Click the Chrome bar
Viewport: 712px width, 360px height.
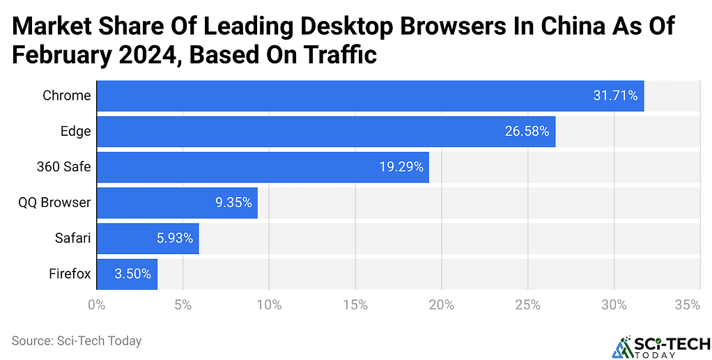[x=369, y=96]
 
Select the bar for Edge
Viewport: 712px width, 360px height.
[x=325, y=132]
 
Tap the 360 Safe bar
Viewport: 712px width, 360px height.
[x=262, y=167]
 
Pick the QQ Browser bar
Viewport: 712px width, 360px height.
[x=176, y=203]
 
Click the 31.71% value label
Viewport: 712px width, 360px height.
[x=615, y=96]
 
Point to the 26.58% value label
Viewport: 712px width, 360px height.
[x=527, y=132]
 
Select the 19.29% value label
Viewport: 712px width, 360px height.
[x=401, y=167]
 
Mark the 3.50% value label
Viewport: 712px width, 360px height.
[x=132, y=274]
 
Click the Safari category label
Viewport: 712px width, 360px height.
[x=72, y=238]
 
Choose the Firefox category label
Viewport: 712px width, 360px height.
[x=70, y=274]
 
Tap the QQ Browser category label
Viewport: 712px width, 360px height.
[x=54, y=203]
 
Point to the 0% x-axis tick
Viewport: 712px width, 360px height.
[x=96, y=304]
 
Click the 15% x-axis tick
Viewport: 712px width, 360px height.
[x=355, y=304]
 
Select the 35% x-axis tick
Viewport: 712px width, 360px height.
[x=687, y=304]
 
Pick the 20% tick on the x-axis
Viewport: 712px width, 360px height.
[x=442, y=304]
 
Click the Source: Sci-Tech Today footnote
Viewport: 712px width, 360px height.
[x=77, y=341]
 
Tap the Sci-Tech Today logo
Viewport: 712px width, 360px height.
[x=660, y=346]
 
